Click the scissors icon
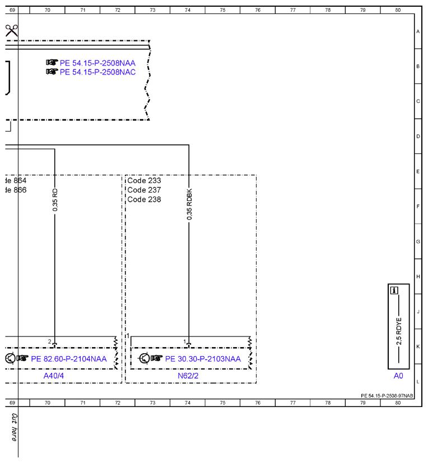point(12,30)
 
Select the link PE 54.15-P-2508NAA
point(97,63)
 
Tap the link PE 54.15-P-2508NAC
point(97,72)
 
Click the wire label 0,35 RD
point(55,200)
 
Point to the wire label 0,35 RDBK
point(189,204)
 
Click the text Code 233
point(144,180)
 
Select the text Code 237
point(144,190)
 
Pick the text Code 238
point(144,199)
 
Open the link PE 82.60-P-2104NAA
point(68,359)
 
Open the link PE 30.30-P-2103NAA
point(203,359)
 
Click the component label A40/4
point(53,376)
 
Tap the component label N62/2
point(188,376)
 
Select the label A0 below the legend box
point(398,376)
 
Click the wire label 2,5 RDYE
point(399,331)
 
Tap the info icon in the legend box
point(394,291)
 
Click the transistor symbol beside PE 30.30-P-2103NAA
point(145,358)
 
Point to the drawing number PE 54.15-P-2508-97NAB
point(387,396)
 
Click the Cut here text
point(14,427)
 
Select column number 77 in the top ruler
point(293,10)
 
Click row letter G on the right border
point(418,241)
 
